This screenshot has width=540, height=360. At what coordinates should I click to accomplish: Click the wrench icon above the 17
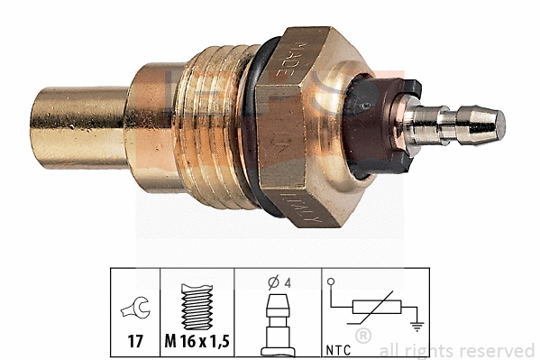click(134, 311)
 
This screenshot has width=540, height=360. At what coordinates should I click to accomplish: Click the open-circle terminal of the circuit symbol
click(333, 284)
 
